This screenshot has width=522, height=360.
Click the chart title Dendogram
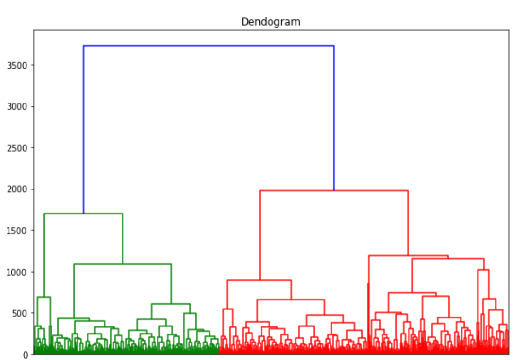[270, 22]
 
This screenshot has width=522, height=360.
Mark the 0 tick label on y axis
[26, 354]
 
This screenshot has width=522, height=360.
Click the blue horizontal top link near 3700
[208, 46]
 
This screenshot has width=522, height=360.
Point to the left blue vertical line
[84, 128]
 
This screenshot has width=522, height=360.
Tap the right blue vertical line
[334, 118]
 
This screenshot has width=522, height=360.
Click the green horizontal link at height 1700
[83, 214]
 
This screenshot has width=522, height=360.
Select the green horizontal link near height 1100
[122, 264]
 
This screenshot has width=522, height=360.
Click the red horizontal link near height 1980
[334, 190]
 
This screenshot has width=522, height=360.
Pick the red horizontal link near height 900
[259, 280]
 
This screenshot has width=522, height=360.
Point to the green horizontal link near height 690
[43, 297]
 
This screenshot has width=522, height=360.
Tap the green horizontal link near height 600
[171, 304]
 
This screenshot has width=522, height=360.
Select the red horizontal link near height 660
[291, 300]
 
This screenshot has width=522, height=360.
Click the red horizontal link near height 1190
[408, 256]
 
